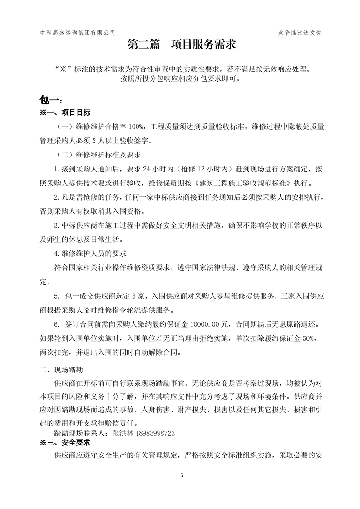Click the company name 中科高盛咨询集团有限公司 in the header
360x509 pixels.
pos(78,33)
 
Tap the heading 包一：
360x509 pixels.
pos(50,100)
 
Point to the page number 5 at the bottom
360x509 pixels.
pos(181,475)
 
